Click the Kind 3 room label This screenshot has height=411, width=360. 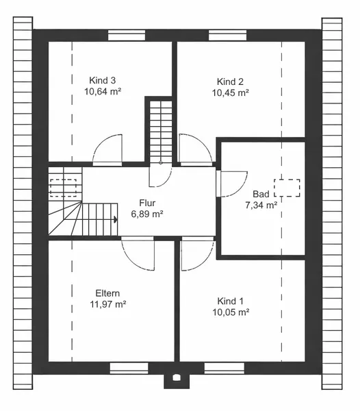pyautogui.click(x=103, y=80)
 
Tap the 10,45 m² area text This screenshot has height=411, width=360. pyautogui.click(x=231, y=92)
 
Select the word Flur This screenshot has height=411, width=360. pyautogui.click(x=147, y=203)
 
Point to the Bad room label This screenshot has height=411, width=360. pyautogui.click(x=261, y=194)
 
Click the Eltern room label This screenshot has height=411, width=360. pyautogui.click(x=107, y=293)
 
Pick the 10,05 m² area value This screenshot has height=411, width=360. pyautogui.click(x=231, y=312)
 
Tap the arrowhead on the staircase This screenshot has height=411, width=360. pyautogui.click(x=116, y=219)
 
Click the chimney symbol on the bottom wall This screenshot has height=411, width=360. pyautogui.click(x=177, y=377)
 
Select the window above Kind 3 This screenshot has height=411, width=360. pyautogui.click(x=127, y=36)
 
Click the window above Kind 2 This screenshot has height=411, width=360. pyautogui.click(x=227, y=36)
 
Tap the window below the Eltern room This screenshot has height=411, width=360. pyautogui.click(x=129, y=368)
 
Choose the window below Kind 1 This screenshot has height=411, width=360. pyautogui.click(x=224, y=368)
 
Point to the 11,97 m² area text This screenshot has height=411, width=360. pyautogui.click(x=108, y=304)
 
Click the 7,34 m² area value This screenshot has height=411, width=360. pyautogui.click(x=261, y=206)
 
